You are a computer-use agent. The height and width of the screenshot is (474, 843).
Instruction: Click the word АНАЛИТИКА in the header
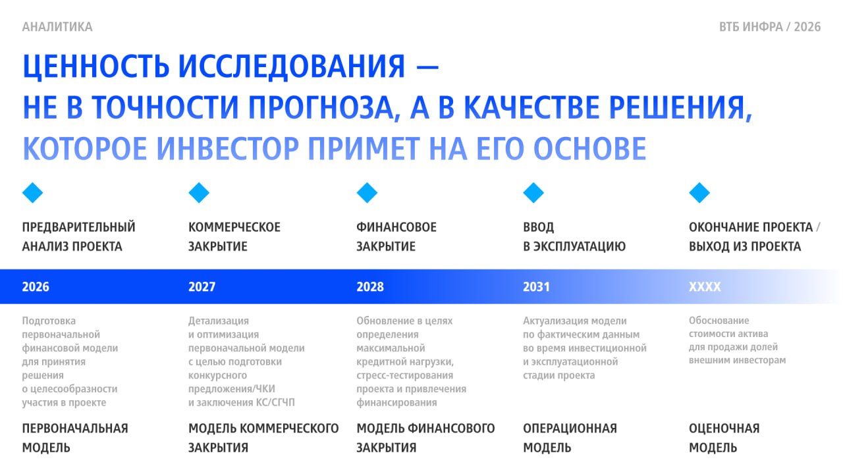tap(57, 27)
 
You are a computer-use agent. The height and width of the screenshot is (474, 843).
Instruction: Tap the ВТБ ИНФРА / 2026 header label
tap(770, 27)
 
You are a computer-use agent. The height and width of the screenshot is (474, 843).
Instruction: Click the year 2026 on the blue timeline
tap(36, 287)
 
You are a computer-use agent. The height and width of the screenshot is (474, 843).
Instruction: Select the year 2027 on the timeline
tap(202, 287)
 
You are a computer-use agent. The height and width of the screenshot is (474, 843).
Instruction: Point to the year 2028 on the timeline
tap(370, 287)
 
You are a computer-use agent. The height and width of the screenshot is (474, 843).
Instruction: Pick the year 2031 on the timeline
tap(536, 287)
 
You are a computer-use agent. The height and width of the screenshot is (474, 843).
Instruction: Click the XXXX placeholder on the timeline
tap(705, 287)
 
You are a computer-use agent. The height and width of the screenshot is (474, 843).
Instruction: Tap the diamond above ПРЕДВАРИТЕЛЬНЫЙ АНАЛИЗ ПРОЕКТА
tap(33, 193)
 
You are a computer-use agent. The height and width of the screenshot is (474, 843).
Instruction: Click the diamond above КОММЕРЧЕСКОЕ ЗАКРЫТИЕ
tap(199, 193)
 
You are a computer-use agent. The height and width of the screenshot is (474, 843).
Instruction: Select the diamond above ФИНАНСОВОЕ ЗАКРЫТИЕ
tap(367, 193)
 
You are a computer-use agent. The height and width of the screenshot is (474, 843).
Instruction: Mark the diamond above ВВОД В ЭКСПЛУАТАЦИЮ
tap(533, 193)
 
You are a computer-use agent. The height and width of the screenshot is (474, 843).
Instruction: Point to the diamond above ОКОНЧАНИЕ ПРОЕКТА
tap(699, 193)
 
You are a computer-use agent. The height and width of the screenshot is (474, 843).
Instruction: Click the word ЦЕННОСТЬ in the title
tap(96, 67)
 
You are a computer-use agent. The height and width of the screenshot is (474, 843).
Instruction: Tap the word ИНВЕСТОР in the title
tap(228, 149)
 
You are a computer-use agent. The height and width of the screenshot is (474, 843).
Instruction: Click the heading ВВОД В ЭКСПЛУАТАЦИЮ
tap(574, 237)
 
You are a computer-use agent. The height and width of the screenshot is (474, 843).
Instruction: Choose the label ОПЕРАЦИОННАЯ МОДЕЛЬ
tap(570, 438)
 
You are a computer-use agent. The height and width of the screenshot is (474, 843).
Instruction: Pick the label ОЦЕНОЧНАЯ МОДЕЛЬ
tap(724, 438)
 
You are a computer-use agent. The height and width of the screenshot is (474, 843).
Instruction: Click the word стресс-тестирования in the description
tap(405, 375)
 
